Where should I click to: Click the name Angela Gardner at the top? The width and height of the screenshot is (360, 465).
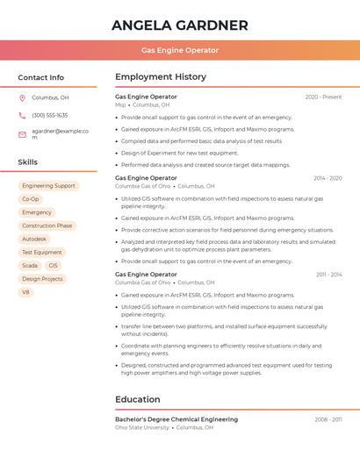tap(180, 25)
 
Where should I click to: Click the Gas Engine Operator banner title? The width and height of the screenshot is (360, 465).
tap(180, 50)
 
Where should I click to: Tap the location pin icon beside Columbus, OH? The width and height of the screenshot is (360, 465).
tap(22, 97)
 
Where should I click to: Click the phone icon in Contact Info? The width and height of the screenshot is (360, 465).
tap(22, 115)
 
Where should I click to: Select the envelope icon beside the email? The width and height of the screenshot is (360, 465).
tap(22, 134)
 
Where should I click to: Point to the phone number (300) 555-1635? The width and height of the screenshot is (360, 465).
tap(50, 115)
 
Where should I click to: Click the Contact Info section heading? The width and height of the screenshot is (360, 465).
tap(40, 77)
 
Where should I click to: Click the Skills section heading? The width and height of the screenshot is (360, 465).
tap(27, 162)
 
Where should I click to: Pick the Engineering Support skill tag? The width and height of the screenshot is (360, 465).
tap(48, 186)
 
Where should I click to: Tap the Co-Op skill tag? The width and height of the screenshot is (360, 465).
tap(31, 199)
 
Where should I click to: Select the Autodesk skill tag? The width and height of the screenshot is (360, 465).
tap(34, 239)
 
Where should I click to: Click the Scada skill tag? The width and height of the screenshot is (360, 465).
tap(30, 265)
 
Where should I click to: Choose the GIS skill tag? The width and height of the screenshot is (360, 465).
tap(54, 265)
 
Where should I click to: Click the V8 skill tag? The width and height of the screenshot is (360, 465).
tap(26, 292)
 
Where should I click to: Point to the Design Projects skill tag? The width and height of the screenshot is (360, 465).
tap(42, 279)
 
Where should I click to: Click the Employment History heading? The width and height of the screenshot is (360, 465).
tap(160, 77)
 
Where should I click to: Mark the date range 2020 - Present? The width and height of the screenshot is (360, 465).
tap(323, 97)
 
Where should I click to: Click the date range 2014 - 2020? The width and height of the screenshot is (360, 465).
tap(328, 178)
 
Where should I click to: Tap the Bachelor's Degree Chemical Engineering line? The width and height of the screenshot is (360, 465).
tap(176, 419)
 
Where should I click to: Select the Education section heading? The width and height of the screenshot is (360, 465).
tap(137, 399)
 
